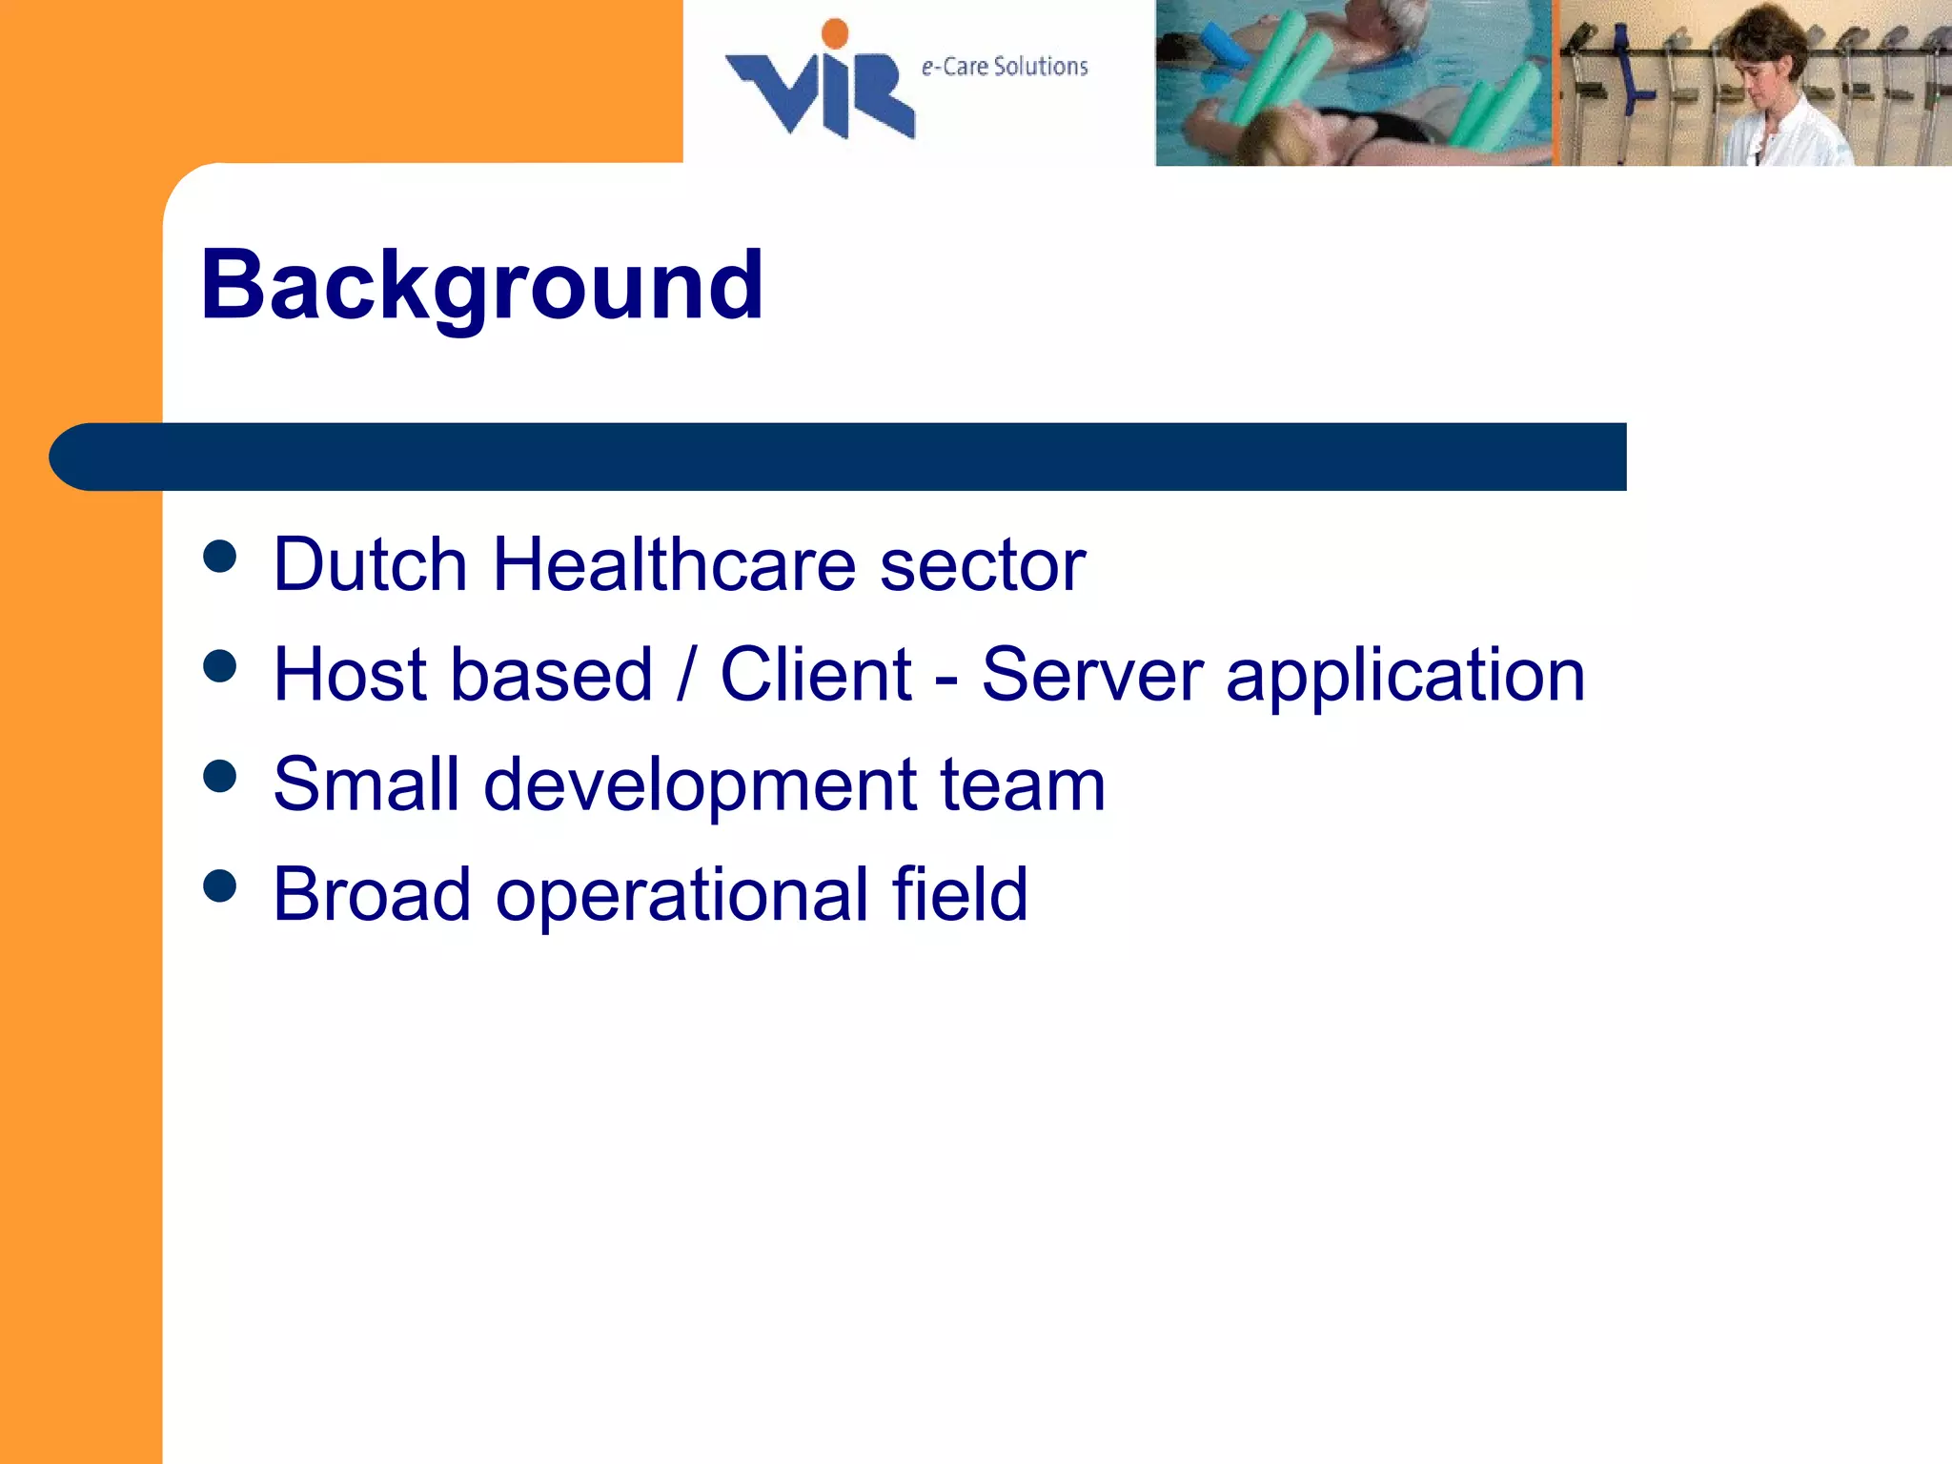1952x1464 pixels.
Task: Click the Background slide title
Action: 481,286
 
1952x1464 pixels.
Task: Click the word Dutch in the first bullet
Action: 370,564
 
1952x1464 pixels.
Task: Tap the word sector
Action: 982,564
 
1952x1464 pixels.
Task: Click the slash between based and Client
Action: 686,675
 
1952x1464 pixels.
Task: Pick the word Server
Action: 1092,675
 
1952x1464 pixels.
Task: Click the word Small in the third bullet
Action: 366,784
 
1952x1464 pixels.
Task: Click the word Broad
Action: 372,894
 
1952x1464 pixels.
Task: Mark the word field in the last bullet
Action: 960,894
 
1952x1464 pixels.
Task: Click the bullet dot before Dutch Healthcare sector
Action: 220,557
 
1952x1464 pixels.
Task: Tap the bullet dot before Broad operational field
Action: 220,886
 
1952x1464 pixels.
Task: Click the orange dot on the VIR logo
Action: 835,33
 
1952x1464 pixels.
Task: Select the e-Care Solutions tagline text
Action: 1004,67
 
